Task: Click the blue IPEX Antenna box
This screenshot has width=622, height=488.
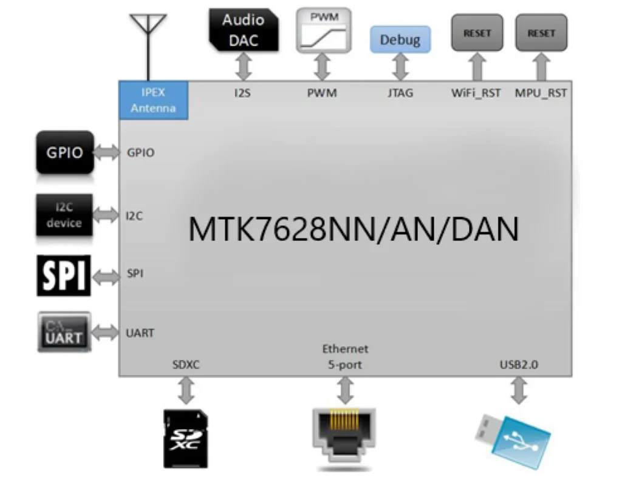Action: coord(153,100)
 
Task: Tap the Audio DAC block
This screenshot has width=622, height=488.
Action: coord(244,30)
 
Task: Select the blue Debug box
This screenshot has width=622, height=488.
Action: coord(400,40)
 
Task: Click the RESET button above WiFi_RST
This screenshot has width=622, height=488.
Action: coord(477,33)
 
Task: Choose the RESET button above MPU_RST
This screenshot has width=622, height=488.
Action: coord(541,33)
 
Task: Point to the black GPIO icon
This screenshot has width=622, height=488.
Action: coord(65,152)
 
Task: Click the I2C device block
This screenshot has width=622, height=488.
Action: coord(64,215)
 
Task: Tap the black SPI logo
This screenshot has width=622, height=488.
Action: coord(63,276)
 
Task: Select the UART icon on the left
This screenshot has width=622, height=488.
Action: coord(64,332)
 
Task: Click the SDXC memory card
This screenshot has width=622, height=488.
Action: coord(186,438)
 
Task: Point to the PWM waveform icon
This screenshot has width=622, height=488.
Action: coord(324,30)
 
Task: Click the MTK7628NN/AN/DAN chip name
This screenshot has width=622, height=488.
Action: coord(354,230)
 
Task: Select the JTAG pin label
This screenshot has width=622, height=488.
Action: coord(400,93)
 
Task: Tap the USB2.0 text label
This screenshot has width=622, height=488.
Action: coord(519,365)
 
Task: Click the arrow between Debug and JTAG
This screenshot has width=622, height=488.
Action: coord(400,67)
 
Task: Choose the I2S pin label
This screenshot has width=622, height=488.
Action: coord(244,93)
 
